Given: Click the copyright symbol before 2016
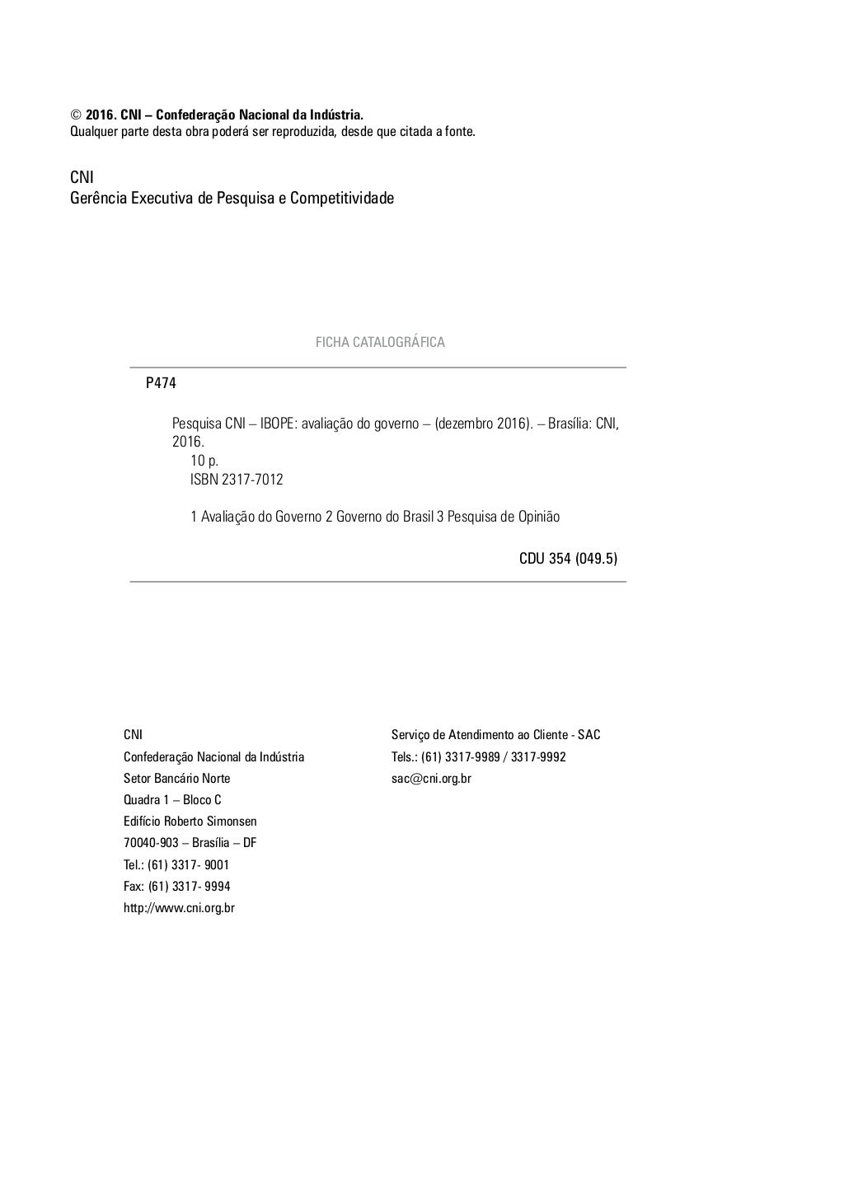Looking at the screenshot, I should (x=75, y=115).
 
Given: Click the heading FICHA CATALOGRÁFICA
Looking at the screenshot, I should (x=380, y=342).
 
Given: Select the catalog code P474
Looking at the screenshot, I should (x=161, y=383).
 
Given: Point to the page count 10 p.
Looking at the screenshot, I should (x=204, y=461).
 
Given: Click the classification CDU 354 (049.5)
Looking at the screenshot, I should (x=568, y=559).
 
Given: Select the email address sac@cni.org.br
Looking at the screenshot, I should (x=431, y=778).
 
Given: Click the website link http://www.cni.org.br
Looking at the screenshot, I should (x=179, y=908).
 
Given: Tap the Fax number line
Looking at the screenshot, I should (x=176, y=887).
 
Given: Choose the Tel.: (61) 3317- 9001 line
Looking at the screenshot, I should (x=176, y=865).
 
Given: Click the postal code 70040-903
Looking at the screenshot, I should (x=151, y=843).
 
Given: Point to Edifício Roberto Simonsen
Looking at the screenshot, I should (x=190, y=822).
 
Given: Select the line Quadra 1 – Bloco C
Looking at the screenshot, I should (x=172, y=800).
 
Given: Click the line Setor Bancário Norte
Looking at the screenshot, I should (x=176, y=779).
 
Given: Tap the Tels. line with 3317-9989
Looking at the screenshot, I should (x=478, y=756).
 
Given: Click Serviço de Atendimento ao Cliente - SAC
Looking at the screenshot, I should (x=495, y=735).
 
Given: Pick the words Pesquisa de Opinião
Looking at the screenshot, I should (x=504, y=517).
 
